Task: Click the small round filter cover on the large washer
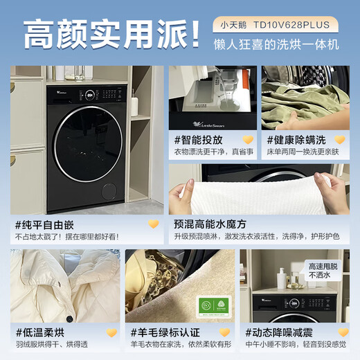point(109,191)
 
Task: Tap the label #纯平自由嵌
point(44,224)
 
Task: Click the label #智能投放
point(198,139)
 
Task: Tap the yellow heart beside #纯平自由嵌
point(154,224)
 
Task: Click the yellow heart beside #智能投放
point(247,139)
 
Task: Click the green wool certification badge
point(215,305)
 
